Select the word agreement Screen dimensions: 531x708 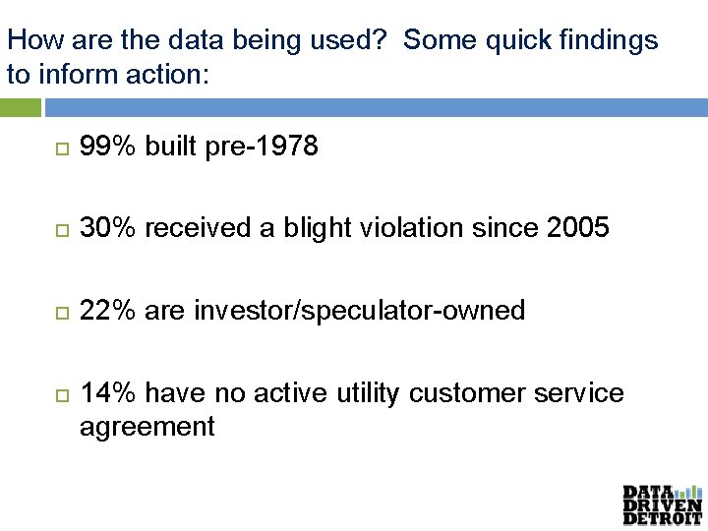(x=147, y=427)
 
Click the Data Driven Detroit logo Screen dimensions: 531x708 (x=662, y=504)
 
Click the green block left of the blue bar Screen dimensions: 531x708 (x=21, y=107)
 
